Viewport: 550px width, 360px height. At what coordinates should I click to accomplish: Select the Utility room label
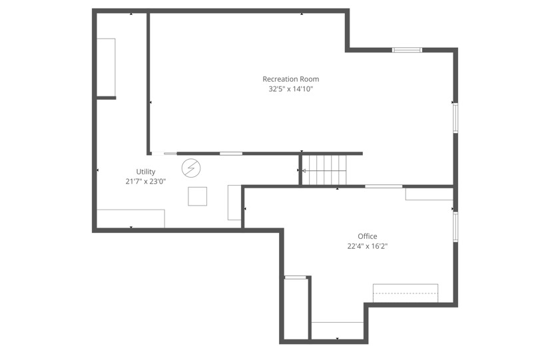pyautogui.click(x=146, y=172)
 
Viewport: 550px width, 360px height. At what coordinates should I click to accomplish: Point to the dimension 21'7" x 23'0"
pyautogui.click(x=145, y=181)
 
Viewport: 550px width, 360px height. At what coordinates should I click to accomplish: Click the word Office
pyautogui.click(x=367, y=236)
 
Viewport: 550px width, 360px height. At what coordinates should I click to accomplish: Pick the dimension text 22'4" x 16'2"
pyautogui.click(x=367, y=246)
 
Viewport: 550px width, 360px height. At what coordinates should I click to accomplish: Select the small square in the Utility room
pyautogui.click(x=197, y=196)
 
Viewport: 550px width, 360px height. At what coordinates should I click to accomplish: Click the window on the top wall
pyautogui.click(x=406, y=50)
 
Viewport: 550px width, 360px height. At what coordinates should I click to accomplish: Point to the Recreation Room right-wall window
pyautogui.click(x=455, y=117)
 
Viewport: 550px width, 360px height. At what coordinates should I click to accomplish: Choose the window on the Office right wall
pyautogui.click(x=455, y=226)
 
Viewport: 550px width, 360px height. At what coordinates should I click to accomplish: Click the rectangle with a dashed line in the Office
pyautogui.click(x=405, y=293)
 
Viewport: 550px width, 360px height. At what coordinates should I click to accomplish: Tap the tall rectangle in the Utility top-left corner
pyautogui.click(x=107, y=67)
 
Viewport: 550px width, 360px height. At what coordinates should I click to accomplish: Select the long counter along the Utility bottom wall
pyautogui.click(x=131, y=218)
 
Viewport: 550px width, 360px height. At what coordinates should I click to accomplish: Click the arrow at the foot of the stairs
pyautogui.click(x=304, y=171)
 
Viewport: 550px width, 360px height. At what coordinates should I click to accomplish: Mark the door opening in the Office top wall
pyautogui.click(x=384, y=186)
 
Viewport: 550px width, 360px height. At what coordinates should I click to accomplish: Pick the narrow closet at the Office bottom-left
pyautogui.click(x=296, y=307)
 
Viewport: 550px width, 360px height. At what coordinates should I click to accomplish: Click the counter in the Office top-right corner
pyautogui.click(x=429, y=194)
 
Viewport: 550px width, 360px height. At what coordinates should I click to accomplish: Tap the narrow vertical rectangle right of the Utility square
pyautogui.click(x=234, y=202)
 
